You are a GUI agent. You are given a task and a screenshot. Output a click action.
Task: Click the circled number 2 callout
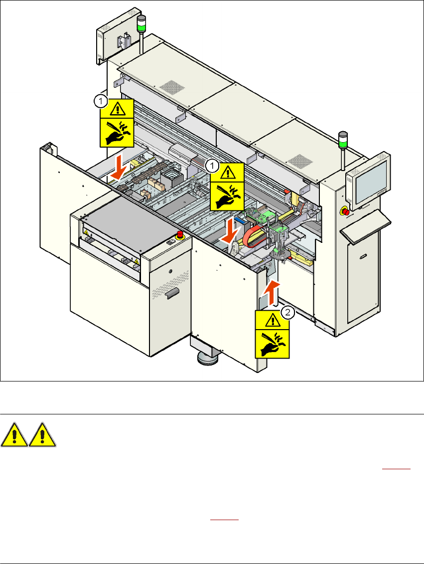287,312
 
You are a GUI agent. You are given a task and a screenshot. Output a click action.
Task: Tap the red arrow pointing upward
272,293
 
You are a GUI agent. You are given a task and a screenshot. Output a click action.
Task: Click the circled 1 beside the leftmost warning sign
100,102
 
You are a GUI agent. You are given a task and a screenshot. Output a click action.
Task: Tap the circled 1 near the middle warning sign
212,165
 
